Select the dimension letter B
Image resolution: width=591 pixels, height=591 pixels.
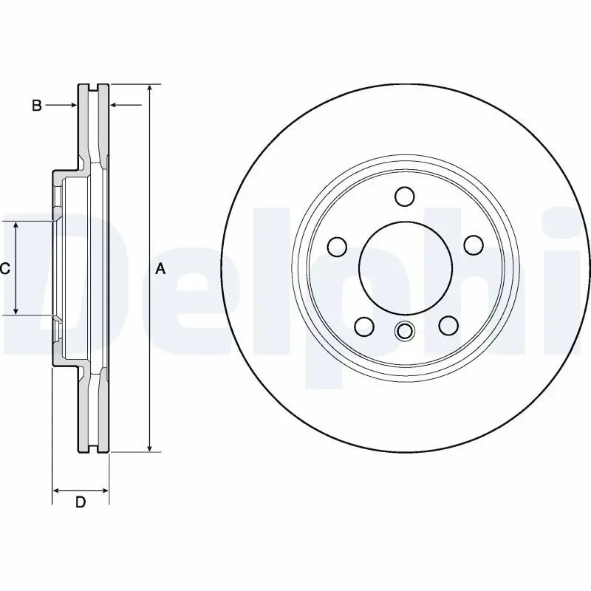36,106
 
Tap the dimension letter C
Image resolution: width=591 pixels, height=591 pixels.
5,269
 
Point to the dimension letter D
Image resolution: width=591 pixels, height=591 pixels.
81,503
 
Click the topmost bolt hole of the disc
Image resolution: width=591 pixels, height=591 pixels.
404,197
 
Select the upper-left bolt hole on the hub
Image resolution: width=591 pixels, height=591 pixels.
337,245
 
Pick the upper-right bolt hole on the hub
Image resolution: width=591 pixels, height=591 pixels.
472,245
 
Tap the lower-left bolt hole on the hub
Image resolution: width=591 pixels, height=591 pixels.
363,325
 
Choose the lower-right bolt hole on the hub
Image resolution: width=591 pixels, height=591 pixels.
446,325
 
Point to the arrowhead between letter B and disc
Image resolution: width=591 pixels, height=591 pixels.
72,106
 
